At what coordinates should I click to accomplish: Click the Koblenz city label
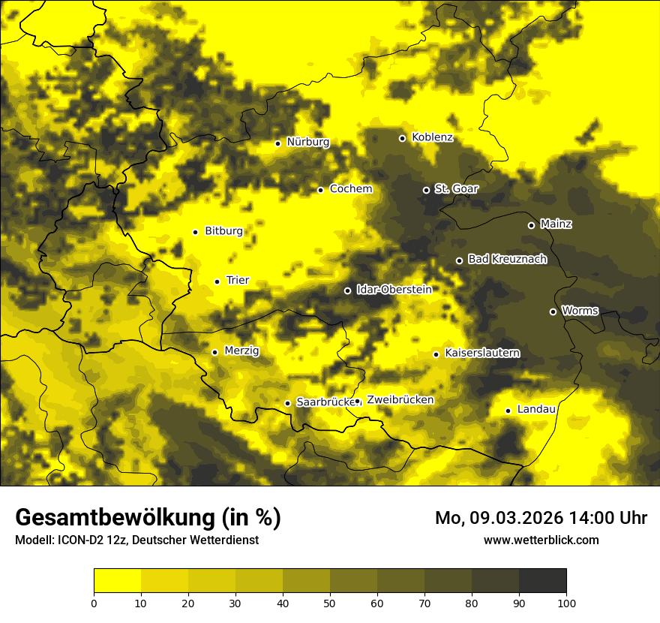coord(432,138)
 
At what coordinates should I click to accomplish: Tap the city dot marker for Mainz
coord(531,225)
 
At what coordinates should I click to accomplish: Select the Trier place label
coord(238,281)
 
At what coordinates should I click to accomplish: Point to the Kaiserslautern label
coord(481,354)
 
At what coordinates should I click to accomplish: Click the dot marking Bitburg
coord(195,232)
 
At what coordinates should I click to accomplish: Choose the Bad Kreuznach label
coord(507,260)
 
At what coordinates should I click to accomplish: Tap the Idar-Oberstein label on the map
coord(394,290)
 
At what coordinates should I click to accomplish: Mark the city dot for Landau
coord(508,411)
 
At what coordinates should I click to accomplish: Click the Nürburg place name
coord(307,143)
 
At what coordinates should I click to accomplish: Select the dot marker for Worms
coord(553,311)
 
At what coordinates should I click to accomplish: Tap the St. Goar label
coord(456,189)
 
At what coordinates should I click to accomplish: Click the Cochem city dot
coord(320,190)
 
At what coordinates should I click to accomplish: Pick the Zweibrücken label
coord(400,400)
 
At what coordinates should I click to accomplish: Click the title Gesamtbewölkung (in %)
coord(148,518)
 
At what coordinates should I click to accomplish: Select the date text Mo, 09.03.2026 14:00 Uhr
coord(541,518)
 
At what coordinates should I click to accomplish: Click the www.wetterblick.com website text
coord(541,540)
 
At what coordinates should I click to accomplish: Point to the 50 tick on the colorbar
coord(330,603)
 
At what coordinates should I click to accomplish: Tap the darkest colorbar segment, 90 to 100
coord(542,580)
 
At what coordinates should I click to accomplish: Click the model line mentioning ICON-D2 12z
coord(136,540)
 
